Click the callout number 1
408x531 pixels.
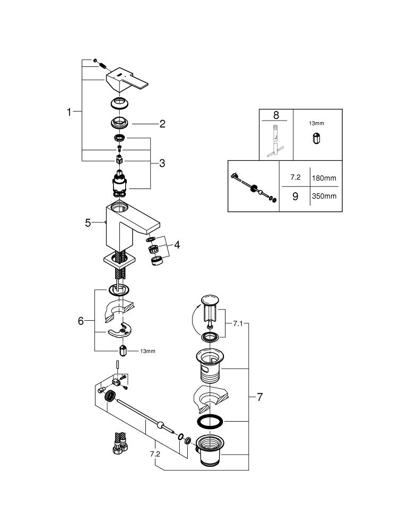click(68, 112)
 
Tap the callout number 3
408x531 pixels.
click(162, 164)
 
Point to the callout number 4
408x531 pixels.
click(177, 245)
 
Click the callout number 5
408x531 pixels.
click(88, 223)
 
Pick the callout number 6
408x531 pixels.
click(81, 321)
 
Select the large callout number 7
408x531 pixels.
click(259, 397)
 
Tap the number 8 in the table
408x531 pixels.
click(276, 115)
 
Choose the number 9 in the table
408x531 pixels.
click(295, 196)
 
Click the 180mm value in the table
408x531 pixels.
click(324, 178)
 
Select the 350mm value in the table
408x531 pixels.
click(324, 196)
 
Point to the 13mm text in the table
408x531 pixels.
click(316, 123)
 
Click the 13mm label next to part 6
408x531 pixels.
click(147, 352)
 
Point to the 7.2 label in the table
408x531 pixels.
click(295, 178)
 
